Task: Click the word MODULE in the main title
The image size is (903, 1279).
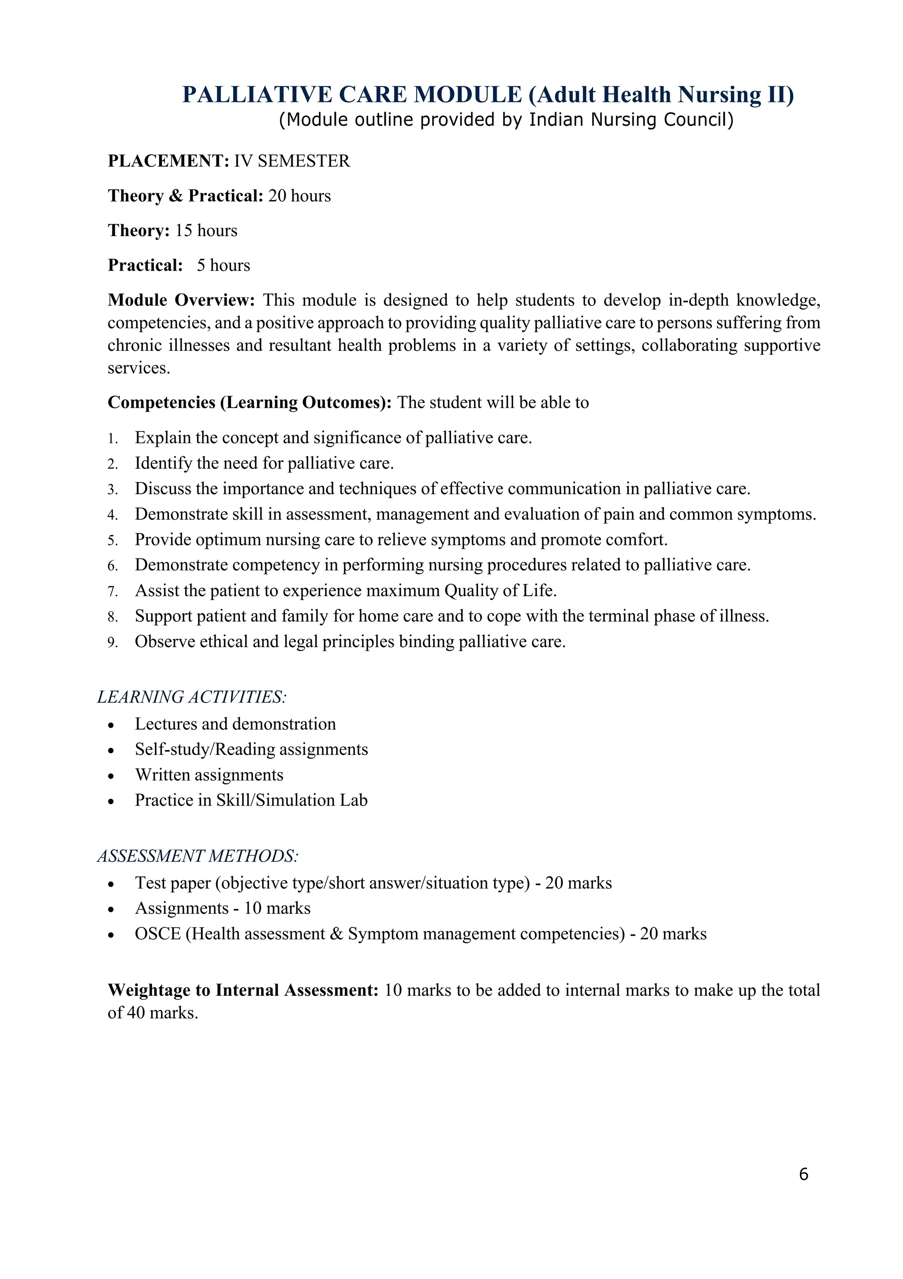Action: point(468,95)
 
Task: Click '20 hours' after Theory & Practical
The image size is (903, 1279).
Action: point(299,196)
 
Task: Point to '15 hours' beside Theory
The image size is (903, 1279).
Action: point(206,231)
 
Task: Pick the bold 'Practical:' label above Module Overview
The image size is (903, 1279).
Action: point(146,265)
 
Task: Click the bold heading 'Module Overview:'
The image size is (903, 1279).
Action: point(181,300)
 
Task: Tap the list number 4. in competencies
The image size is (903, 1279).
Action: point(112,515)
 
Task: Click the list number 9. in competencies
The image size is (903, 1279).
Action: point(112,643)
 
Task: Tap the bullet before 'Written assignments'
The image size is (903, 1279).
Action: point(112,776)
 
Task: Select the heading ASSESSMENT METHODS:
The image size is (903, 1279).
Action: point(198,856)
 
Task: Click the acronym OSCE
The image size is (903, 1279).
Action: point(157,934)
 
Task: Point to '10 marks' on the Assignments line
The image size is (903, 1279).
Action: point(277,908)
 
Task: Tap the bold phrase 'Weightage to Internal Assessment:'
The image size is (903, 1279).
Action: point(243,990)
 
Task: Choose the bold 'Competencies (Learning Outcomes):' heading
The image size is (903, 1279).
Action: point(250,403)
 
